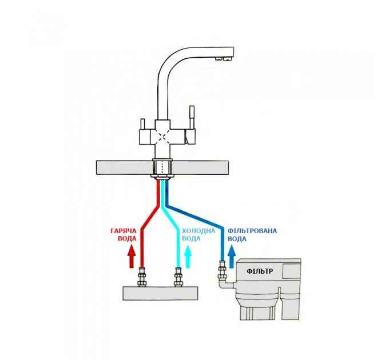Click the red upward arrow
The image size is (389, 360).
pyautogui.click(x=132, y=257)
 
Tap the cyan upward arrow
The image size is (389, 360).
pyautogui.click(x=188, y=257)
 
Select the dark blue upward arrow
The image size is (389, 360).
pyautogui.click(x=232, y=257)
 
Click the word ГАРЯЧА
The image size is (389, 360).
pyautogui.click(x=124, y=231)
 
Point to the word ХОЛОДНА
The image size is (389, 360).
pyautogui.click(x=199, y=231)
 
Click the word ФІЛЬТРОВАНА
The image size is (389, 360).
pyautogui.click(x=252, y=231)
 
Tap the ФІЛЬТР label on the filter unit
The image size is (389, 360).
pyautogui.click(x=260, y=271)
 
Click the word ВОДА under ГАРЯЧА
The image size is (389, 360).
pyautogui.click(x=127, y=239)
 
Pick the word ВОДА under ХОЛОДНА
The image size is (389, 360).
pyautogui.click(x=191, y=239)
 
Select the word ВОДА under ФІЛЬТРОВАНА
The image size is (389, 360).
pyautogui.click(x=237, y=239)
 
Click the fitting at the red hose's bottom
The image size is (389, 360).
pyautogui.click(x=142, y=277)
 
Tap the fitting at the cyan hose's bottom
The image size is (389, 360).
pyautogui.click(x=178, y=277)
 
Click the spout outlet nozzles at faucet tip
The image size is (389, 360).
pyautogui.click(x=223, y=58)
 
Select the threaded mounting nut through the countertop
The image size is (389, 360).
pyautogui.click(x=162, y=168)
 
